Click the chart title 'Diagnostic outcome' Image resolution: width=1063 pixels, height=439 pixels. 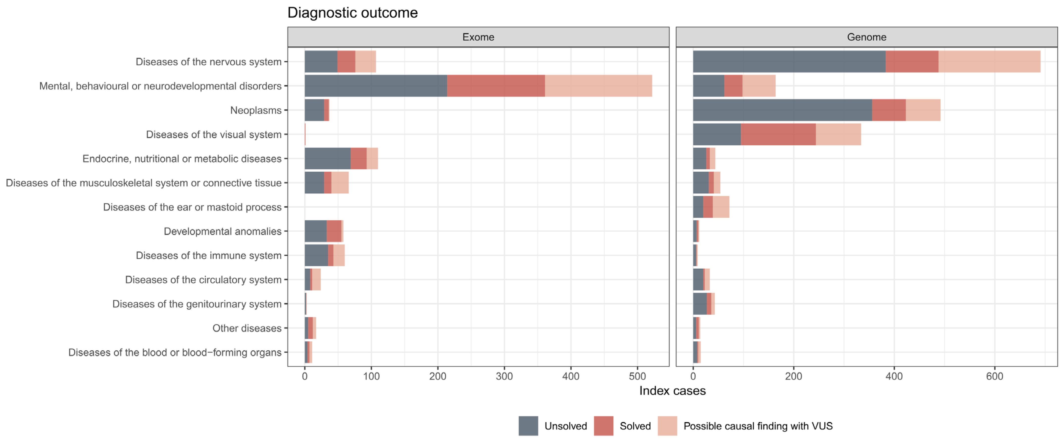click(x=353, y=13)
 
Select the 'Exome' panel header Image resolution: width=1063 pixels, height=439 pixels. click(x=478, y=37)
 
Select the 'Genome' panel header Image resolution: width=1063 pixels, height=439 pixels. click(x=866, y=37)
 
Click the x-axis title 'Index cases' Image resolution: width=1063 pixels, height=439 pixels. click(x=672, y=391)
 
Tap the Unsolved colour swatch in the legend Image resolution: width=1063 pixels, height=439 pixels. click(x=528, y=426)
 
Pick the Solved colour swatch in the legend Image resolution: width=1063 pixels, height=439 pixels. click(x=603, y=426)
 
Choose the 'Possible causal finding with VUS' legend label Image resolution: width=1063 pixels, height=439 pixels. click(x=758, y=426)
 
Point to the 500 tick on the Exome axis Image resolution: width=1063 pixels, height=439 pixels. click(x=637, y=376)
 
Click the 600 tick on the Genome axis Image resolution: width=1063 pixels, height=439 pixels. click(x=994, y=376)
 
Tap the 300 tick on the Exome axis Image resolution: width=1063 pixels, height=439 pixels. click(x=504, y=376)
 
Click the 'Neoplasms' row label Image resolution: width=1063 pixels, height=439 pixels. click(x=256, y=110)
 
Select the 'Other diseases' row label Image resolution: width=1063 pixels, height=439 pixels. click(x=247, y=328)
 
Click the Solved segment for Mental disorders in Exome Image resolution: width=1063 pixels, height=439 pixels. click(x=496, y=86)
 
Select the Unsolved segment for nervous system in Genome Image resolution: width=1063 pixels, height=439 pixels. click(x=789, y=61)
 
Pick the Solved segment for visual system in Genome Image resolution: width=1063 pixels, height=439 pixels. click(x=778, y=134)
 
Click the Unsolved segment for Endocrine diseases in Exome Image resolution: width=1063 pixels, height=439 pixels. click(x=327, y=158)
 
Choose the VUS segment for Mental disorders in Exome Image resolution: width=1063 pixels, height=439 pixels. click(x=598, y=86)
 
